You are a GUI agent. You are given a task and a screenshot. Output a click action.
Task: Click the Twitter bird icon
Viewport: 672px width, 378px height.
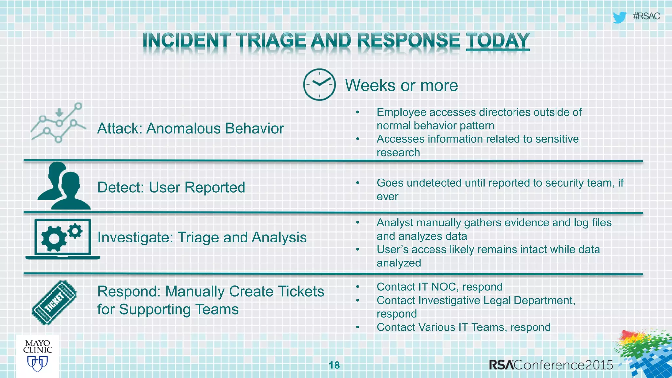619,17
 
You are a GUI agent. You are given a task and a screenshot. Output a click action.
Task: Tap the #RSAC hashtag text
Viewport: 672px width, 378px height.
646,16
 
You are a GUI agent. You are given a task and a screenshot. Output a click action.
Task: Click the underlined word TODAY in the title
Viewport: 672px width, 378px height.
497,41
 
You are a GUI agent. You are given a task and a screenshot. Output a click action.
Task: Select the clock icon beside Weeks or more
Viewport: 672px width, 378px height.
319,85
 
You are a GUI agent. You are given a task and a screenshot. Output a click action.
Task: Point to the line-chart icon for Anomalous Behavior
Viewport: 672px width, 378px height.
58,123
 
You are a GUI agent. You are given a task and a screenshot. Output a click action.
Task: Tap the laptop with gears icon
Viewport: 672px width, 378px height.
63,239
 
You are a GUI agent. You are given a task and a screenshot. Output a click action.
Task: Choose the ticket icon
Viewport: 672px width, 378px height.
54,302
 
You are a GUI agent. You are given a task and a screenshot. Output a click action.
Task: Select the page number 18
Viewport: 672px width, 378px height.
334,365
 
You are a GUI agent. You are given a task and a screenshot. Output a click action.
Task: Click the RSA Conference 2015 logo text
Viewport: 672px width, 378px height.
551,365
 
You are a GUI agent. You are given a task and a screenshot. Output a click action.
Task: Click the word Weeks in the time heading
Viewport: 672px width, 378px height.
370,86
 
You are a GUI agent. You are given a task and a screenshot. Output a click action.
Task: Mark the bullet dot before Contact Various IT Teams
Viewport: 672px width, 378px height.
358,327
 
